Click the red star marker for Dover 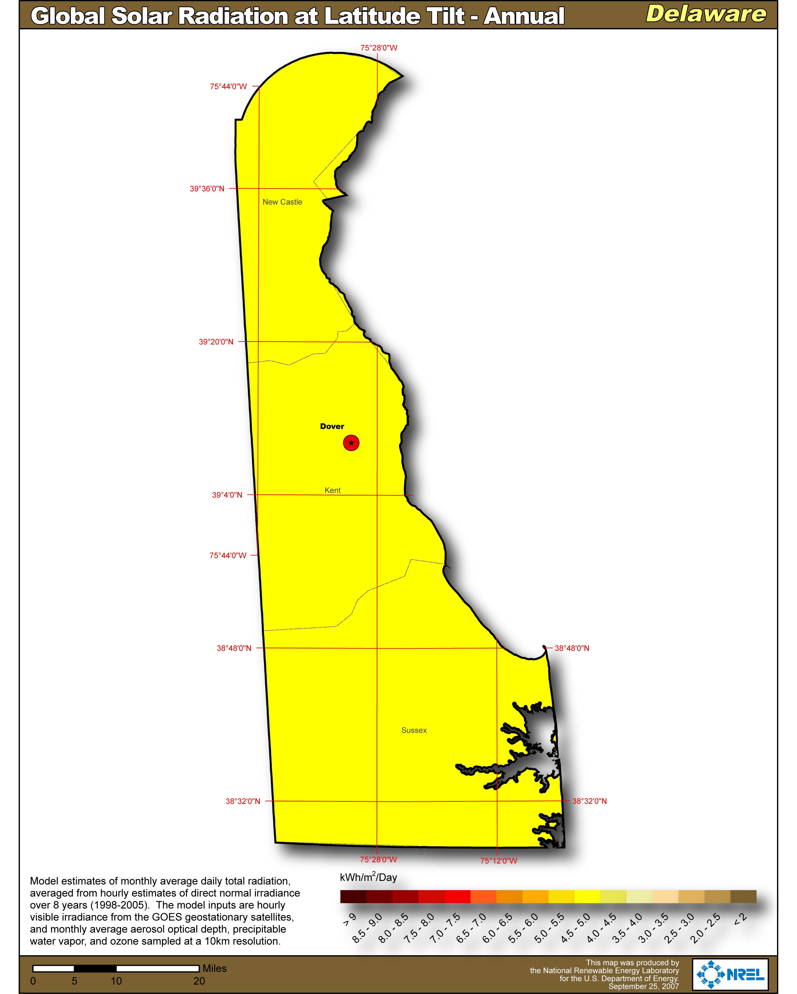click(x=351, y=443)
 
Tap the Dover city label click(x=332, y=426)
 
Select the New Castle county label click(x=282, y=202)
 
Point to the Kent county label click(x=332, y=490)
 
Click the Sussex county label click(x=414, y=730)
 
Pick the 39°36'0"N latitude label click(x=207, y=189)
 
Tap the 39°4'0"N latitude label click(x=227, y=495)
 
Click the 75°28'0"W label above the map click(x=379, y=47)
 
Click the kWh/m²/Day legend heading click(x=368, y=877)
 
